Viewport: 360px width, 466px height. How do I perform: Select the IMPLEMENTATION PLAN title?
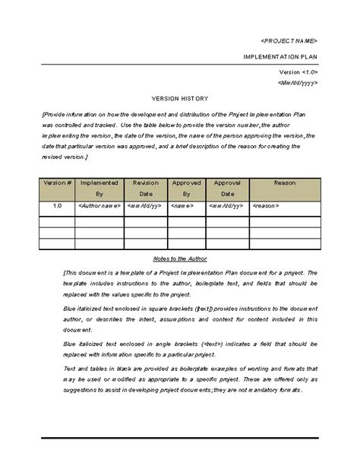pyautogui.click(x=280, y=57)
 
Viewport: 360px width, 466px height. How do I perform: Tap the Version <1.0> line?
pyautogui.click(x=299, y=71)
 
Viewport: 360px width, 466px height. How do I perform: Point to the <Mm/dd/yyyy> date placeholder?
pyautogui.click(x=297, y=82)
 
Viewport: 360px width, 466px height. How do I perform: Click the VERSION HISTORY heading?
pyautogui.click(x=180, y=99)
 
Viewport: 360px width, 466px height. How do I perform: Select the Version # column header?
pyautogui.click(x=57, y=183)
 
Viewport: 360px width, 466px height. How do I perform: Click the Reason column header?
pyautogui.click(x=284, y=183)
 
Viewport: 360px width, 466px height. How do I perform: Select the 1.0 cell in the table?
pyautogui.click(x=57, y=205)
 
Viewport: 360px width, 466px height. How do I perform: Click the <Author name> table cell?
pyautogui.click(x=99, y=205)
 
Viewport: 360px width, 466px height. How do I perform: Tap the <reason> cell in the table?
pyautogui.click(x=266, y=205)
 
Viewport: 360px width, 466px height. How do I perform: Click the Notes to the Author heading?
pyautogui.click(x=180, y=258)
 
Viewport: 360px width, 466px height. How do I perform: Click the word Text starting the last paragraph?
pyautogui.click(x=71, y=367)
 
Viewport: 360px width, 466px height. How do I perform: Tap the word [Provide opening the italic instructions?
pyautogui.click(x=57, y=113)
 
